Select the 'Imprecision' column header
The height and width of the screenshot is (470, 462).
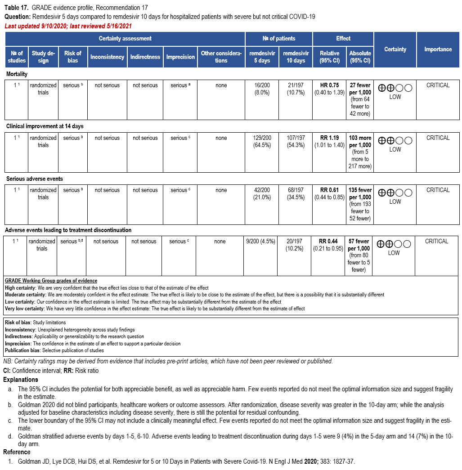click(x=180, y=57)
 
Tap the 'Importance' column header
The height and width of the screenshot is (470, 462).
click(x=438, y=49)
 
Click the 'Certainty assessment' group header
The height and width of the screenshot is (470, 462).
click(x=125, y=39)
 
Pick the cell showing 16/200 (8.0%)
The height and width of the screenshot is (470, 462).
click(x=262, y=89)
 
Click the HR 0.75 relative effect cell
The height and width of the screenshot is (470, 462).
click(x=329, y=89)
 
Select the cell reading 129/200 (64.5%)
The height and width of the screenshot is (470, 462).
click(x=262, y=141)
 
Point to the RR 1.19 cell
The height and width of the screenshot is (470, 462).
click(x=329, y=141)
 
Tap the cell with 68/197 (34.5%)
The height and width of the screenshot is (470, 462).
click(x=296, y=193)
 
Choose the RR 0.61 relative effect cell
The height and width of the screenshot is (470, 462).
click(x=329, y=193)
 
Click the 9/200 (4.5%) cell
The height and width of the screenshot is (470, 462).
click(x=260, y=242)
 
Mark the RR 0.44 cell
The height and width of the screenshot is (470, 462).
click(x=328, y=245)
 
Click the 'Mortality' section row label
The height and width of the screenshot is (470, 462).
click(x=17, y=74)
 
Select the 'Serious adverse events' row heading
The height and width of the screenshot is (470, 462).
click(x=34, y=179)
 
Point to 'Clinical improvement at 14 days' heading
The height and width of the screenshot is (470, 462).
click(x=45, y=126)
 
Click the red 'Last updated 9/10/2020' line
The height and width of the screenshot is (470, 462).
click(x=68, y=26)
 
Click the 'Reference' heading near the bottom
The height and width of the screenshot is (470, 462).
click(x=17, y=452)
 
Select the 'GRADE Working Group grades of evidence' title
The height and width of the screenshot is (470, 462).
click(x=51, y=281)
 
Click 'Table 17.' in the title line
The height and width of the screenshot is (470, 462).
click(x=17, y=8)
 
